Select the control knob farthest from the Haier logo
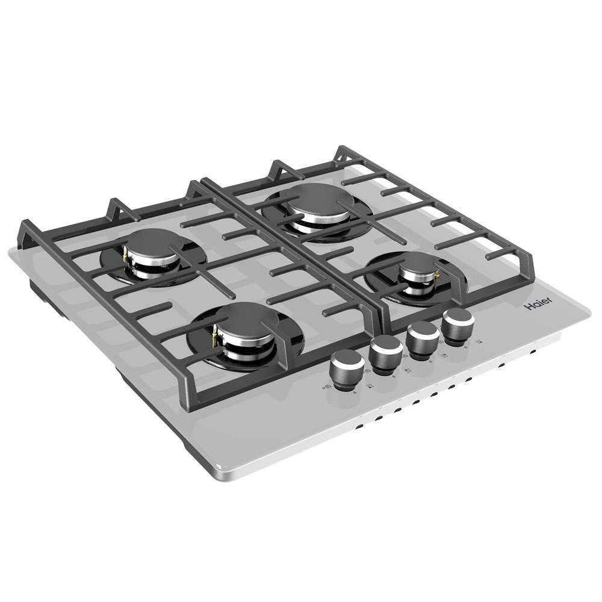click(x=348, y=369)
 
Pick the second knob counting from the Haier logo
click(x=423, y=340)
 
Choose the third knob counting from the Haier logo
click(x=386, y=354)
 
